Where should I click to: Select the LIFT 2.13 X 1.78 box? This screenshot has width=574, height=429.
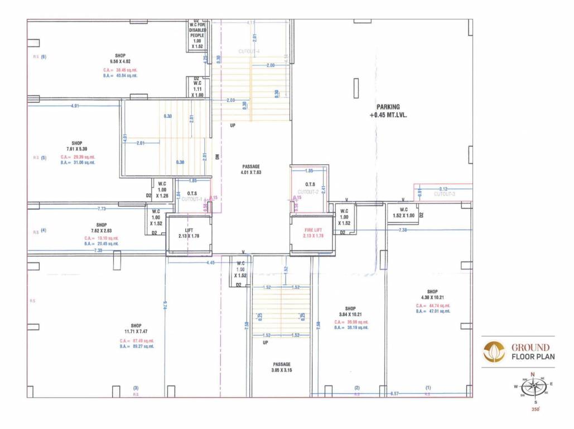[190, 233]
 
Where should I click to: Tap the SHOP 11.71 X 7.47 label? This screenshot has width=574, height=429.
[136, 329]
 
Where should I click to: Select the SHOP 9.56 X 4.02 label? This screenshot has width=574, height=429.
[120, 59]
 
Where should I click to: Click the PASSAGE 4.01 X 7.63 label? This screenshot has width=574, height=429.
[251, 170]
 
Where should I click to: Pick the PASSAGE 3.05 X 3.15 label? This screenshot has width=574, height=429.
[282, 368]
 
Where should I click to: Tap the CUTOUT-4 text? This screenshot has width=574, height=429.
[249, 51]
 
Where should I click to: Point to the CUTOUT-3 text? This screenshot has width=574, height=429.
[445, 194]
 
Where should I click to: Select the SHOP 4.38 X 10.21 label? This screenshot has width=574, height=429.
[432, 294]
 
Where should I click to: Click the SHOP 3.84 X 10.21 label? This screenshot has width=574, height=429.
[350, 312]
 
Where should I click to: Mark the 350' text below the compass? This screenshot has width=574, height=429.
[536, 409]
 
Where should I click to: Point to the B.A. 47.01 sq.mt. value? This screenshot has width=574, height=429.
[432, 311]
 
